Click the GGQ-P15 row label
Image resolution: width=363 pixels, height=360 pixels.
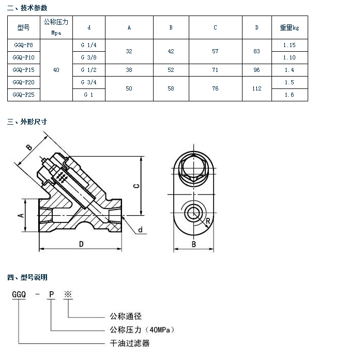pyautogui.click(x=24, y=70)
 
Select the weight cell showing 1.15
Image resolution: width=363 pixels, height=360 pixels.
pyautogui.click(x=290, y=45)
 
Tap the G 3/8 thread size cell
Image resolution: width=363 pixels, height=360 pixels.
pyautogui.click(x=88, y=57)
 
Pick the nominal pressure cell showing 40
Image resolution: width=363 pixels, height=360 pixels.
pyautogui.click(x=56, y=70)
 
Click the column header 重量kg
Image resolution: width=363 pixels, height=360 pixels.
pyautogui.click(x=290, y=27)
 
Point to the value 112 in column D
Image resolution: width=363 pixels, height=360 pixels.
pyautogui.click(x=256, y=88)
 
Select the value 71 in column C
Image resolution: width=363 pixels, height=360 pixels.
pyautogui.click(x=215, y=70)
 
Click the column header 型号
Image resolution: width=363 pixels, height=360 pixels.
pyautogui.click(x=24, y=27)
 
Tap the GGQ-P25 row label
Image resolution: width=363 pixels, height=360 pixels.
pyautogui.click(x=24, y=95)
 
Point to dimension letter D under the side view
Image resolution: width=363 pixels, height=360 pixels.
pyautogui.click(x=81, y=244)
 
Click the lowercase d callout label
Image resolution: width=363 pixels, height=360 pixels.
pyautogui.click(x=140, y=230)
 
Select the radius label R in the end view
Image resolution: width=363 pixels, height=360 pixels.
pyautogui.click(x=207, y=221)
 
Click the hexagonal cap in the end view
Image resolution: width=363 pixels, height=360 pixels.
pyautogui.click(x=194, y=169)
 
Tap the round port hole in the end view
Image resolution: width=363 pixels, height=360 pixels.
pyautogui.click(x=194, y=212)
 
